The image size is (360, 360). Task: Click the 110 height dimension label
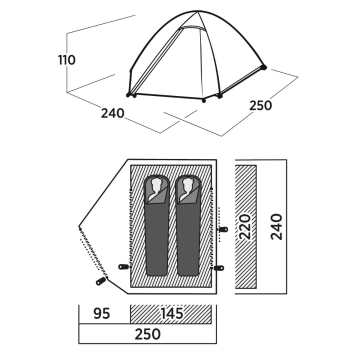pyautogui.click(x=67, y=60)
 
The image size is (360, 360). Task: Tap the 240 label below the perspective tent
pyautogui.click(x=113, y=113)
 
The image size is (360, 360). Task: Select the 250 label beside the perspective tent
pyautogui.click(x=261, y=105)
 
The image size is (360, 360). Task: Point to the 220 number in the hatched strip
pyautogui.click(x=246, y=227)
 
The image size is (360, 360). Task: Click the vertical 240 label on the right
pyautogui.click(x=277, y=227)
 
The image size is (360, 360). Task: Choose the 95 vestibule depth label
pyautogui.click(x=102, y=314)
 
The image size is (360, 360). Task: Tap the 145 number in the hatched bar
pyautogui.click(x=172, y=314)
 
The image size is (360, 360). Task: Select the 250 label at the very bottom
pyautogui.click(x=148, y=334)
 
